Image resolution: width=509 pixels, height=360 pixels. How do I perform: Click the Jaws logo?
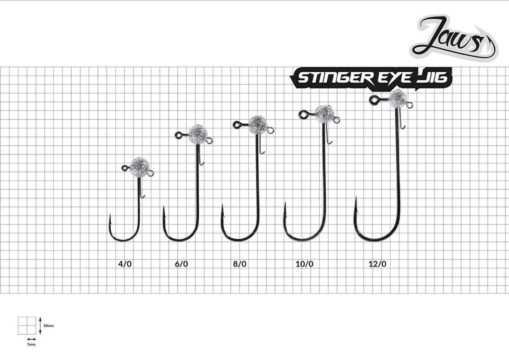454,38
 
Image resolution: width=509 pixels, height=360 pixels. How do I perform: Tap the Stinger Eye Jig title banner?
371,78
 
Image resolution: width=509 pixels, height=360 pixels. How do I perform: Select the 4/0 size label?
125,264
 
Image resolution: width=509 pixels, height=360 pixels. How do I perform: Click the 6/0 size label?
181,264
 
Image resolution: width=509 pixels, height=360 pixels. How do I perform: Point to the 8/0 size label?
240,264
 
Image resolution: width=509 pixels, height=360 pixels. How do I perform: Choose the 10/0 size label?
304,264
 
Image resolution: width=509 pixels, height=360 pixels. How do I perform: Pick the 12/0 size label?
377,264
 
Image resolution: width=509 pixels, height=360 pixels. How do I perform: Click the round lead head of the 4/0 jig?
140,167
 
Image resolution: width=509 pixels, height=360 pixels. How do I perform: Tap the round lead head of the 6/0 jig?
198,134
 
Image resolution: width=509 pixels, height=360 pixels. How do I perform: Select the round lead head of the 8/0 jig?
259,125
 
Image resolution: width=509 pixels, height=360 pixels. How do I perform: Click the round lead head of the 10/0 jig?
325,114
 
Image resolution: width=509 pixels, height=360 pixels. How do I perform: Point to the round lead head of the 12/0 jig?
397,99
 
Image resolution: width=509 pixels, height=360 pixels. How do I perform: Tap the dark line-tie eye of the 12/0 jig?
374,100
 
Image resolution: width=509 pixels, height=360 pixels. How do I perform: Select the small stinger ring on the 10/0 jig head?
337,120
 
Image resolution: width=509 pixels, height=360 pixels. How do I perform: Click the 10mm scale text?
48,325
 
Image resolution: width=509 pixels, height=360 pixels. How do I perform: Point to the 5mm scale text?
31,344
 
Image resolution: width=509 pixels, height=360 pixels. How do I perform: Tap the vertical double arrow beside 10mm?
40,325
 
